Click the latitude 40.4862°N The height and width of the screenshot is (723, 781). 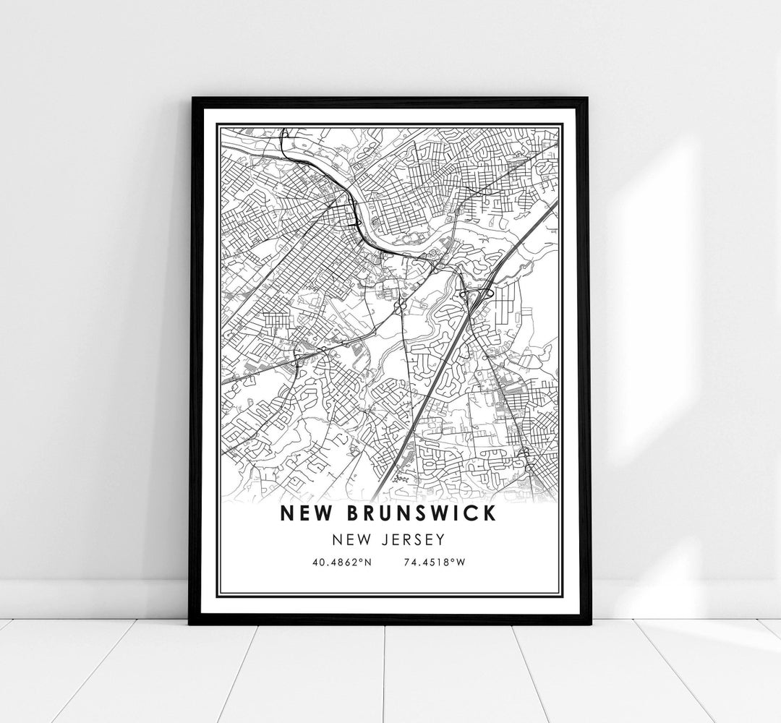click(343, 561)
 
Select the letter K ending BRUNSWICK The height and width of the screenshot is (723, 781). click(490, 514)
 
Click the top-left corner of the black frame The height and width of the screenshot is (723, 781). click(192, 99)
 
